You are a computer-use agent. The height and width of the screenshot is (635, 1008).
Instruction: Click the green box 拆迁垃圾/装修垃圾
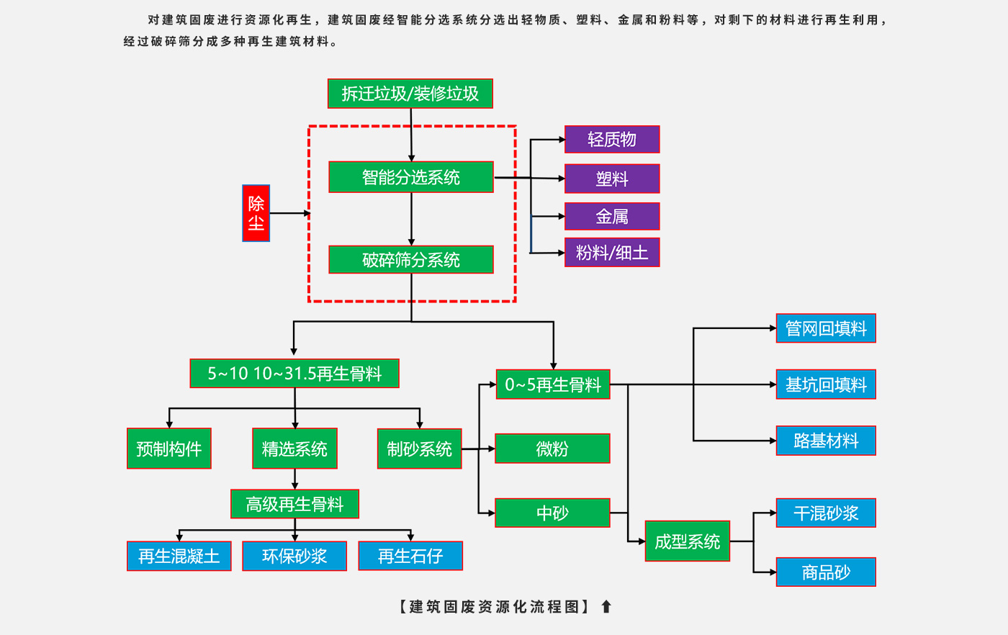tap(410, 94)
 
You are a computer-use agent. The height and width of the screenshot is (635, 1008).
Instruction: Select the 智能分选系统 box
tap(410, 177)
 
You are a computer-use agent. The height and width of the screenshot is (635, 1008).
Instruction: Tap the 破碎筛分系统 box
tap(410, 260)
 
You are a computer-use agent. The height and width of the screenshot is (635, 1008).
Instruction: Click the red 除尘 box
tap(256, 213)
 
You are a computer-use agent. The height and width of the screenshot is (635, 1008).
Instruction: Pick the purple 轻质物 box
tap(611, 140)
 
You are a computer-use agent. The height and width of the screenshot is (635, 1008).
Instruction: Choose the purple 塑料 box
tap(611, 179)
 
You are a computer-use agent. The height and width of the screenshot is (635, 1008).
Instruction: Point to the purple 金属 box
tap(611, 216)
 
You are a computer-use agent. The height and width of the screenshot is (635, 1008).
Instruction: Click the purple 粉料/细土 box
tap(611, 253)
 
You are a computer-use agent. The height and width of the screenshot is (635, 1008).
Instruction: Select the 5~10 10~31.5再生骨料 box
tap(294, 374)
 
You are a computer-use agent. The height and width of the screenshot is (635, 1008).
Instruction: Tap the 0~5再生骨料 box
tap(552, 384)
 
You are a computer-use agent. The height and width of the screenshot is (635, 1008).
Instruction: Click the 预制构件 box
tap(168, 449)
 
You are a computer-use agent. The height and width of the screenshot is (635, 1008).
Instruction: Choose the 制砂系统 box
tap(419, 449)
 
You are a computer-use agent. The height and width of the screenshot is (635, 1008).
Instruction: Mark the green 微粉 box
tap(552, 449)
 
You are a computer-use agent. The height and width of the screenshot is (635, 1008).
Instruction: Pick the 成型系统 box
tap(687, 541)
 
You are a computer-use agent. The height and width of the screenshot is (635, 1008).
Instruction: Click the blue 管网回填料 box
tap(825, 328)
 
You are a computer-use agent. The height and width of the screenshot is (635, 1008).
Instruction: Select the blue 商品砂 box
tap(825, 572)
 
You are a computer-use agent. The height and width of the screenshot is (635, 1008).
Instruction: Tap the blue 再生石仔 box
tap(410, 556)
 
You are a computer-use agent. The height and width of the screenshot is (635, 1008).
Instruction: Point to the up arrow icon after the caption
tap(606, 607)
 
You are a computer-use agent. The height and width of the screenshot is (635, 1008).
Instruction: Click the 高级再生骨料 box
tap(294, 504)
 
